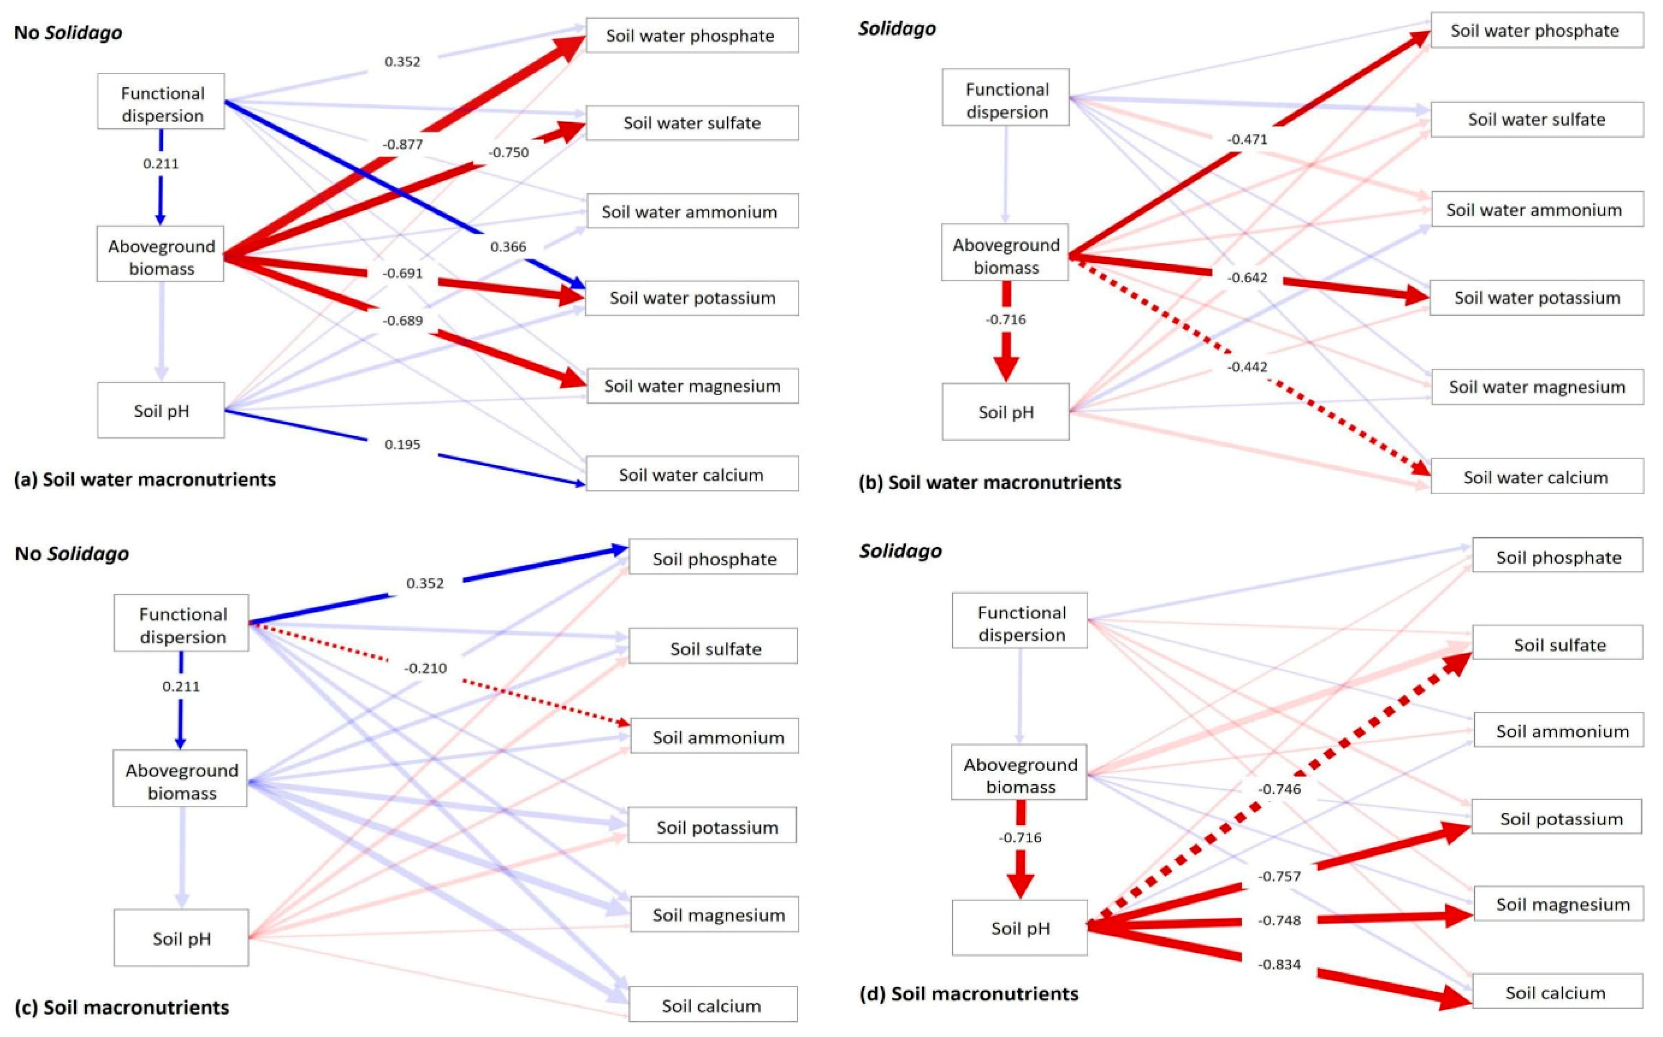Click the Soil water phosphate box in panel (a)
691,36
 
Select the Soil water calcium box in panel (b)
1536,477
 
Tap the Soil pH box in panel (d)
1019,928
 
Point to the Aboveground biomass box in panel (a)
161,257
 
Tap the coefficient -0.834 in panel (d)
1279,964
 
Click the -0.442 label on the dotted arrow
1247,367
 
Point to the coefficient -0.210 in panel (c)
425,668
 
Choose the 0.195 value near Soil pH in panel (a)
402,445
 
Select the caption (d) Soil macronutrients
968,993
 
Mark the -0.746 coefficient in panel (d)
1279,789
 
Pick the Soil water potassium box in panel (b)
1536,298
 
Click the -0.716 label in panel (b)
1005,319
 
